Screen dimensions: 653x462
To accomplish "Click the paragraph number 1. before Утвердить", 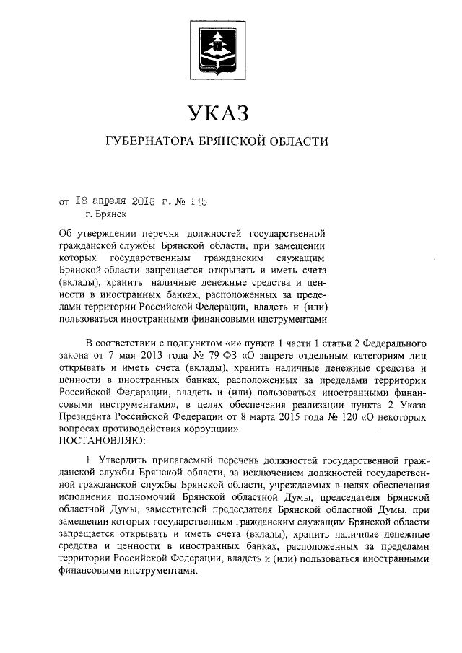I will [x=90, y=460].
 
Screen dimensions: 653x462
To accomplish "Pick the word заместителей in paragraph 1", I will [x=138, y=509].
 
